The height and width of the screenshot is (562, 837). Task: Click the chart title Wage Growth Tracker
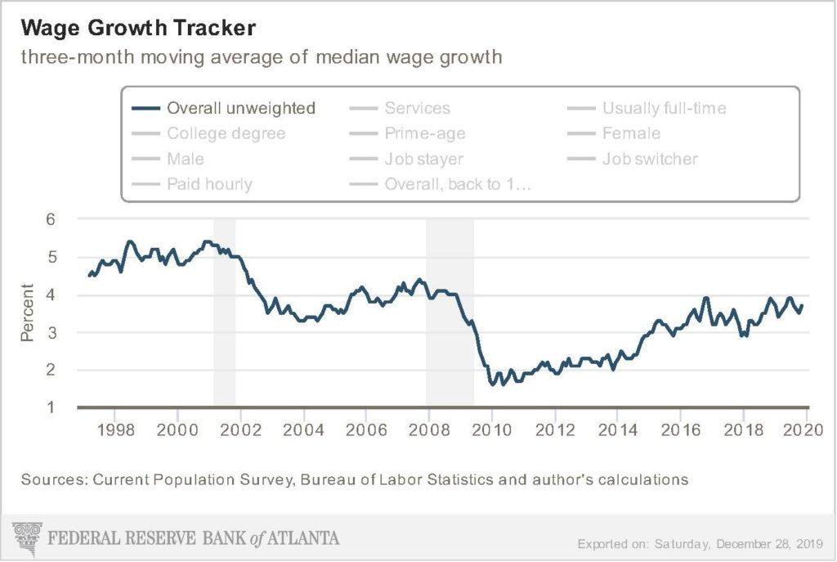(139, 28)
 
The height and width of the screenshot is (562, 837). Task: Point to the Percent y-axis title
(28, 312)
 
